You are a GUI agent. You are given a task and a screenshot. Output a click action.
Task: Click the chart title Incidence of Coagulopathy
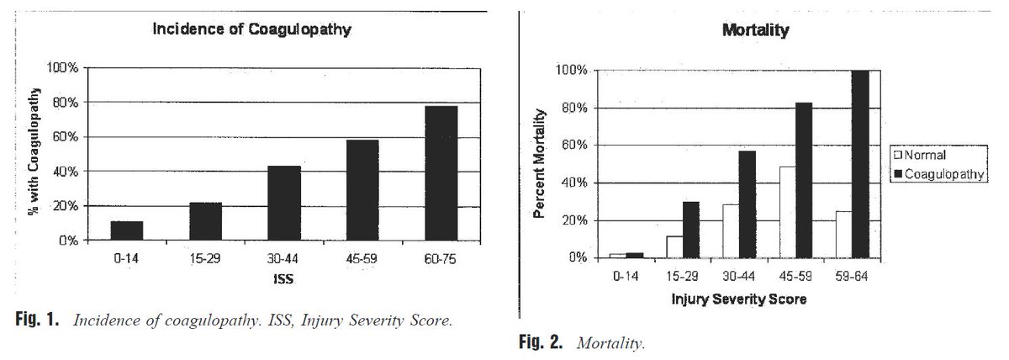pyautogui.click(x=251, y=29)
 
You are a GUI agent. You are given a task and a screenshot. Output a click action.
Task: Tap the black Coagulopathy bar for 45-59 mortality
pyautogui.click(x=803, y=180)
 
